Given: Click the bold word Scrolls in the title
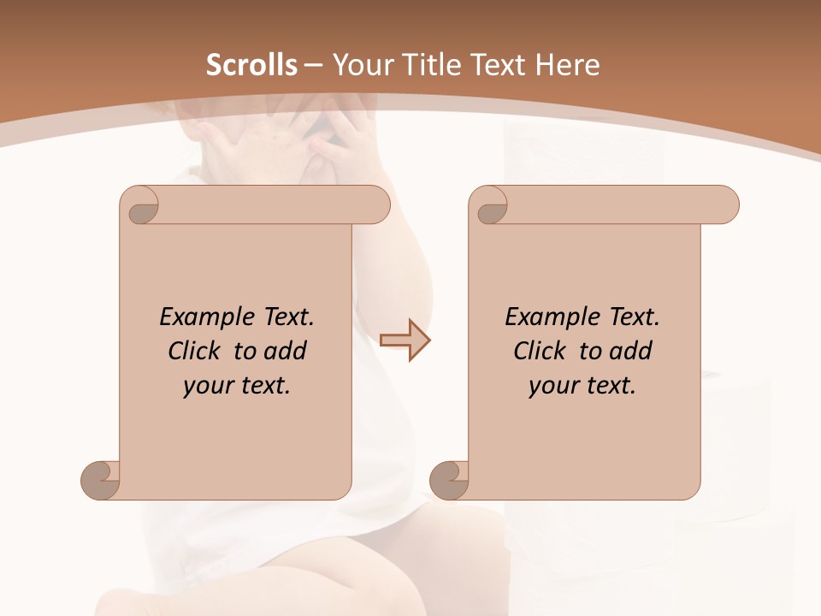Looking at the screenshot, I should [251, 65].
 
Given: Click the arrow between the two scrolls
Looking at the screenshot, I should [405, 340].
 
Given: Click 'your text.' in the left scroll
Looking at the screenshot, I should [237, 385].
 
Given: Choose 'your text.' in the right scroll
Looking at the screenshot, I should [582, 385].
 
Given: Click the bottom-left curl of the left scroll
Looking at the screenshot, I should [101, 480].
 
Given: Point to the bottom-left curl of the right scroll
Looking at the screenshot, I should [450, 480].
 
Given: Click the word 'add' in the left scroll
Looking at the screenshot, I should [286, 351].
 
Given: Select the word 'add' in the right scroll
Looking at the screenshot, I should [631, 351].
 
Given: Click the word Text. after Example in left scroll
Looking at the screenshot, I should [286, 317].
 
